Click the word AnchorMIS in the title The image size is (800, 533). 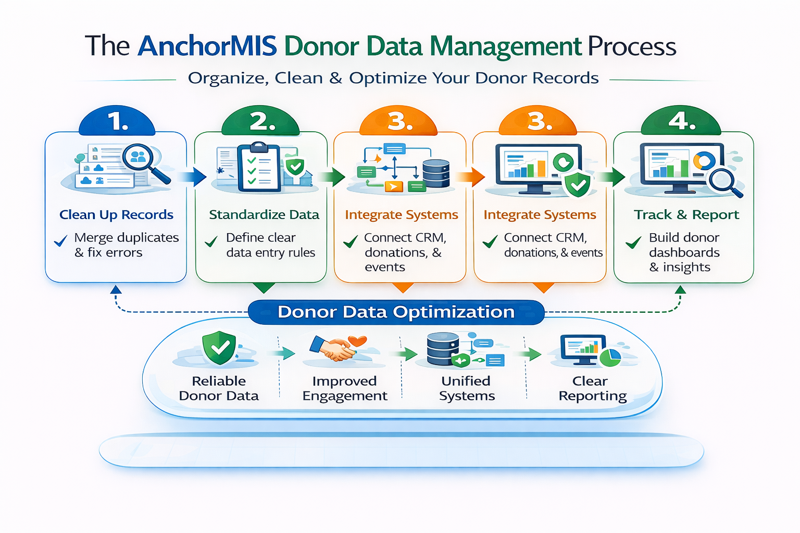pos(207,46)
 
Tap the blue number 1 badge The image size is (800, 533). pos(117,121)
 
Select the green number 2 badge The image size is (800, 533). pos(261,122)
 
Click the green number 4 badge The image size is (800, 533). pos(681,121)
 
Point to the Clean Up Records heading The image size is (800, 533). pos(116,214)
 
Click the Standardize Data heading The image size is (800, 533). pos(264,214)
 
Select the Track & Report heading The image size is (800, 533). pos(686,214)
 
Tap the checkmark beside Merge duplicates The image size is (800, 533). pos(61,241)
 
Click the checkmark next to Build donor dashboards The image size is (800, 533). pos(633,243)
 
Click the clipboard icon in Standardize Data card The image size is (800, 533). pos(258,168)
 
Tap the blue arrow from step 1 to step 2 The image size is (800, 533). pos(193,176)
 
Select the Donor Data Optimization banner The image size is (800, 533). pos(396,312)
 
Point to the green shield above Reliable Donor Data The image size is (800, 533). pos(219,348)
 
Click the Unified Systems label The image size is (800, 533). pos(466,388)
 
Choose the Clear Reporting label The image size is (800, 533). pos(592,388)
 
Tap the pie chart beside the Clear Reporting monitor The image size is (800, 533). pos(610,358)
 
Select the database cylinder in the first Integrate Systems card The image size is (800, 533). pos(436,173)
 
